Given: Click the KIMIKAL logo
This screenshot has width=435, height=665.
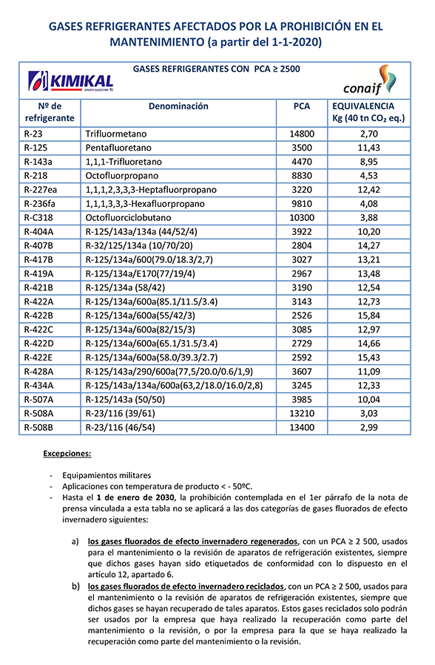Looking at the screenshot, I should point(70,81).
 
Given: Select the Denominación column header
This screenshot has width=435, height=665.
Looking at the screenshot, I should point(178,106).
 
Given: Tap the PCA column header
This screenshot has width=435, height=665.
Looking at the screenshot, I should point(301,106).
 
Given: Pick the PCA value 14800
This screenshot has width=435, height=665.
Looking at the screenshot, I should point(301,134).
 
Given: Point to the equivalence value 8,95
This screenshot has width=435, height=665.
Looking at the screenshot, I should point(368,162).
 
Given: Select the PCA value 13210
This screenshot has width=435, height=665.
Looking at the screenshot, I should point(301,413).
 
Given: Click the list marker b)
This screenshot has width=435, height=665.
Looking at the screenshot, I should point(75,586).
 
